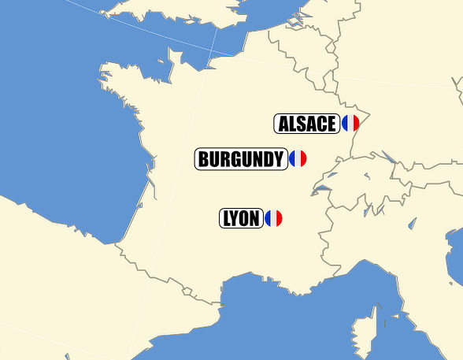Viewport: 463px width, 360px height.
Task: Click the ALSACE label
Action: [x=307, y=124]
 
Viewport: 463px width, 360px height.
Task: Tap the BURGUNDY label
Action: [x=239, y=159]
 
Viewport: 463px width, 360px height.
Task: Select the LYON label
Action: [x=241, y=219]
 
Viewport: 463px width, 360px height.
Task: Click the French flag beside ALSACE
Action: [x=350, y=124]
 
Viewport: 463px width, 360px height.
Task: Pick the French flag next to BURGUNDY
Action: [x=298, y=159]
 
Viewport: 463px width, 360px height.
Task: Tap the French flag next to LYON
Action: [x=273, y=219]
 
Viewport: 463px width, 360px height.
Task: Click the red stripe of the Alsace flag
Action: [x=356, y=124]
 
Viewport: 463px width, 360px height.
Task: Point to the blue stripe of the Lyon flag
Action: [x=268, y=219]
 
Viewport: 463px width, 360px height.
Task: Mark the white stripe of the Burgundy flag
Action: [x=298, y=159]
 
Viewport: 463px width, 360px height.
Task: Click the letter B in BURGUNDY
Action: [x=204, y=159]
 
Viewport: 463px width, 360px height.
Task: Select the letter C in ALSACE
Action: [x=320, y=124]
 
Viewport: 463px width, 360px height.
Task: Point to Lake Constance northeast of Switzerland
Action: [x=388, y=157]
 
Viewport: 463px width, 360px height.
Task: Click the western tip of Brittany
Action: [x=103, y=77]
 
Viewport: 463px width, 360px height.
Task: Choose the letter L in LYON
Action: [x=227, y=219]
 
